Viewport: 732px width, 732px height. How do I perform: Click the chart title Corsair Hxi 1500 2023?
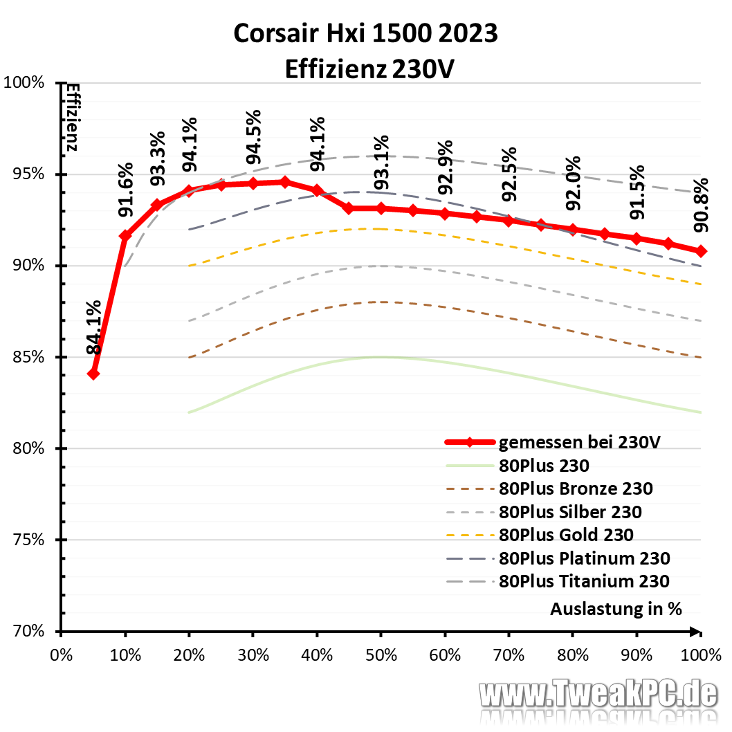[365, 33]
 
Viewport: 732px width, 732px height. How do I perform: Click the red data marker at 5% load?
[93, 374]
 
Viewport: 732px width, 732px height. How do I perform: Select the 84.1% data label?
[94, 327]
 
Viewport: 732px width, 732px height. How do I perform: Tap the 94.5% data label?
[254, 134]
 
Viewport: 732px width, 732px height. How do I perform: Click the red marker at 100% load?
[701, 250]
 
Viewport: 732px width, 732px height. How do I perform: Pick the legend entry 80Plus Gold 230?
[566, 534]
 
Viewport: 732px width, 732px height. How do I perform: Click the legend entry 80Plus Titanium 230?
[584, 580]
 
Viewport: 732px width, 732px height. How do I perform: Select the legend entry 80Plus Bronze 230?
[576, 488]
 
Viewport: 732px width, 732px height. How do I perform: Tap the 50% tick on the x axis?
[381, 654]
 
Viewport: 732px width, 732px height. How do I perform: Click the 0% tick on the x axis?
[62, 654]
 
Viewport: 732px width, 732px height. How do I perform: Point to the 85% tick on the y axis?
[30, 358]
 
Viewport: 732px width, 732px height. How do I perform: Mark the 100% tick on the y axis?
[26, 83]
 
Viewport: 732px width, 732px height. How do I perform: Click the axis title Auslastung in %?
[616, 609]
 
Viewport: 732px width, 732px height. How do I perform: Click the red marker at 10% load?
[125, 236]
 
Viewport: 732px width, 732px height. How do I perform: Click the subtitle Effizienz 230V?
[365, 68]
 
